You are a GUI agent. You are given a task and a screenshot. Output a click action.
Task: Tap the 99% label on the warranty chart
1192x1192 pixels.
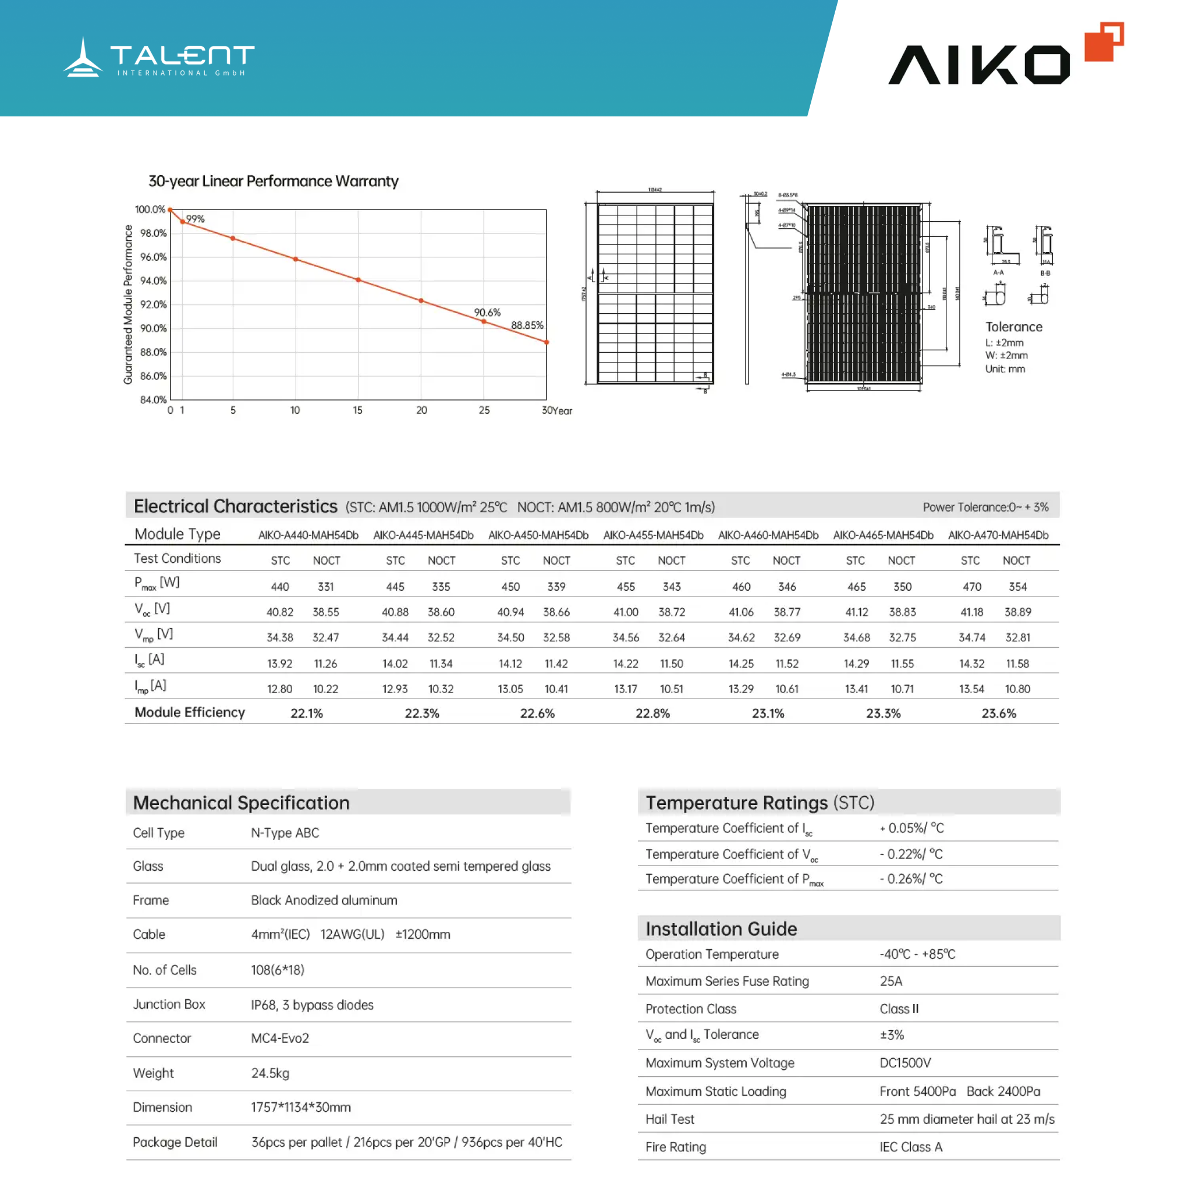(195, 219)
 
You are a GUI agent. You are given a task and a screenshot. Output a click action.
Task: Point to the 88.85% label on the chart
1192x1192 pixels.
(527, 325)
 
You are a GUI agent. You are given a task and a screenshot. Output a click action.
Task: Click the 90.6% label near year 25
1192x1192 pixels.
(487, 313)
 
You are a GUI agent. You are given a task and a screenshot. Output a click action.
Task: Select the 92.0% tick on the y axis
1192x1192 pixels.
(153, 305)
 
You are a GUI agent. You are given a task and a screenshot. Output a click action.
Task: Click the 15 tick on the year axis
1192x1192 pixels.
(358, 410)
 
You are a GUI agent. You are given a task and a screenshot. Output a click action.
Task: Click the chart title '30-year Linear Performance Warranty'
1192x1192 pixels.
(274, 182)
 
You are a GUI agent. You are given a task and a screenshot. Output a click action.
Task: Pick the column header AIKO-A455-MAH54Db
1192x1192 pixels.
(653, 535)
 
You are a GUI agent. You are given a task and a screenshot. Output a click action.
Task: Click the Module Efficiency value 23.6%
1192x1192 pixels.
(998, 713)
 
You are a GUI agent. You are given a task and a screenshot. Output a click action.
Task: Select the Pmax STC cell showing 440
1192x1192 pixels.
(280, 587)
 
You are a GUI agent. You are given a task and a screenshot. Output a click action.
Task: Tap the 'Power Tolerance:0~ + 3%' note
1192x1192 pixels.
(985, 507)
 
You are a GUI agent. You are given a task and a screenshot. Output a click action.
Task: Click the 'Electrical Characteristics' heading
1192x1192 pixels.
(236, 506)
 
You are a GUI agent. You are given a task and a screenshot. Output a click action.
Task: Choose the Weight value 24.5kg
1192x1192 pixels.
(270, 1073)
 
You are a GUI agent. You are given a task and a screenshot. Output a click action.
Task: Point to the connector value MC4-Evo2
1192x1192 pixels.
(280, 1038)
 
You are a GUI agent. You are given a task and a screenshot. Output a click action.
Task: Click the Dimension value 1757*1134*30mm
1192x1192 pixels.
(301, 1108)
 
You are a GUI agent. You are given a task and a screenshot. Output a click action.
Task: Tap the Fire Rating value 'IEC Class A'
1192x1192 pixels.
(911, 1147)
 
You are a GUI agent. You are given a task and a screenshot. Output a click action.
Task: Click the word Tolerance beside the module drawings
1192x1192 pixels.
(1014, 327)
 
